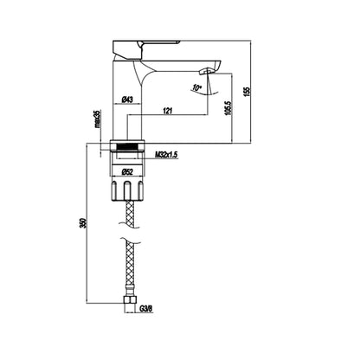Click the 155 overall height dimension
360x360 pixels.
tap(247, 91)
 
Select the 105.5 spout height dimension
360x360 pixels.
tap(228, 108)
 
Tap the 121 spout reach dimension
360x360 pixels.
tap(168, 110)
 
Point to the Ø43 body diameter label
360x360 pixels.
tap(127, 100)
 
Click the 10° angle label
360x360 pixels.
tap(197, 87)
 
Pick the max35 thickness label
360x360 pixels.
tap(97, 119)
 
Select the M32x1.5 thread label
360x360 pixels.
tap(166, 155)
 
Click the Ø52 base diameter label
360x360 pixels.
tap(127, 172)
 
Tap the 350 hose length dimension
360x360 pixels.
tap(83, 223)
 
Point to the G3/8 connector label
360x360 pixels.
tap(146, 309)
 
